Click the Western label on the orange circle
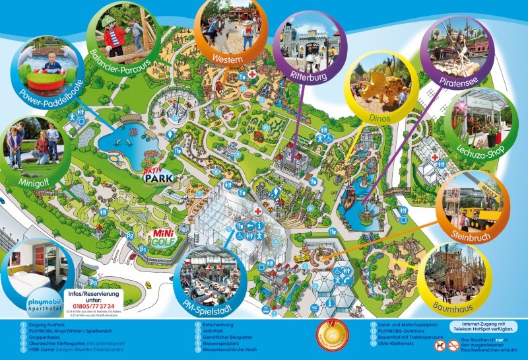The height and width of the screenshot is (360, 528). click(226, 59)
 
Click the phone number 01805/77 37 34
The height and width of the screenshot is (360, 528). click(92, 306)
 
